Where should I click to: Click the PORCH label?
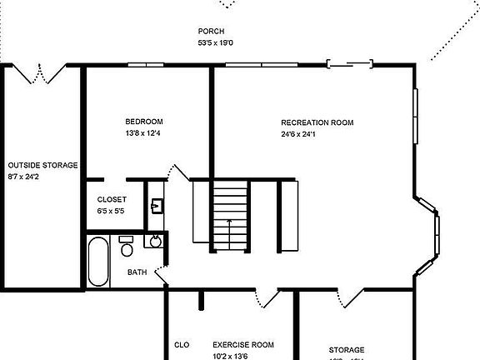pos(211,32)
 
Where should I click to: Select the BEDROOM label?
pos(144,122)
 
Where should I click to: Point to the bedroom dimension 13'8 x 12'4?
pos(144,133)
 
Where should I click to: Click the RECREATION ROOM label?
pos(317,122)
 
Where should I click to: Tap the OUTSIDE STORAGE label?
pos(42,165)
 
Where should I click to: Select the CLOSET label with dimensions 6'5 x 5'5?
pos(112,200)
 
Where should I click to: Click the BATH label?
pos(137,272)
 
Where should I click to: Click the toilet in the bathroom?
pos(127,247)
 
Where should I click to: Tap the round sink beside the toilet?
pos(152,242)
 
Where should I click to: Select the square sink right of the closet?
pos(156,205)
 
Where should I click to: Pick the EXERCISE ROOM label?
pos(242,345)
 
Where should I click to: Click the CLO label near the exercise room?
pos(182,345)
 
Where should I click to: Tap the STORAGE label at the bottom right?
pos(346,350)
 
